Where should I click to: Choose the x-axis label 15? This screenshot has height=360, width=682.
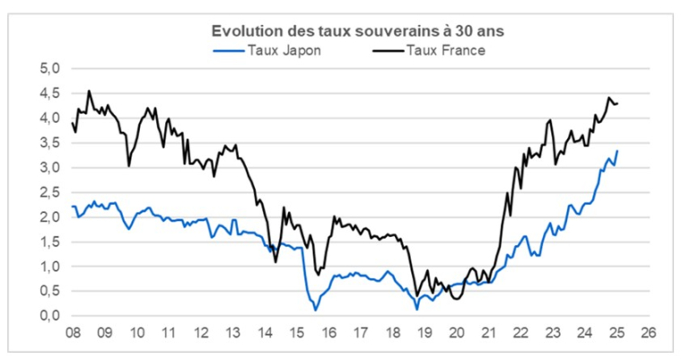296,331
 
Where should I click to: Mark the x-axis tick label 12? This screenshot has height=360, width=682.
200,331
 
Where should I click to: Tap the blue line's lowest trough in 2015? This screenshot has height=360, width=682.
316,310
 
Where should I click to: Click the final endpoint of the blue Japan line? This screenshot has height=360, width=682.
617,151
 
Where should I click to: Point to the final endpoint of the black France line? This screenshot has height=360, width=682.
617,104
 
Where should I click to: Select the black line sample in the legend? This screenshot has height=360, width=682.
389,50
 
